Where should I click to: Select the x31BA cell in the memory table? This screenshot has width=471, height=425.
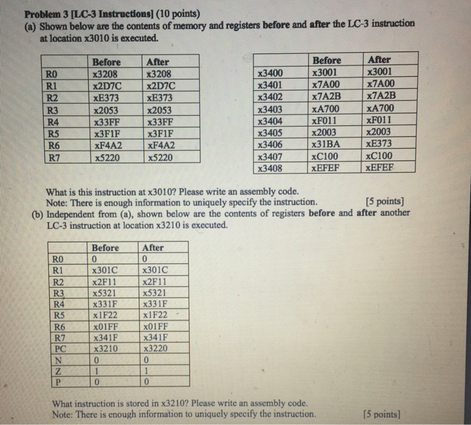coord(326,145)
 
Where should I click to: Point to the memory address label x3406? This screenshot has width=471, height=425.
coord(270,145)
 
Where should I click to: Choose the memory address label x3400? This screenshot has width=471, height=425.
coord(270,73)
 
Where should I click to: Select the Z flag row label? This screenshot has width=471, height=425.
coord(59,373)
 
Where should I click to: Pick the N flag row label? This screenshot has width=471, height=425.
coord(59,362)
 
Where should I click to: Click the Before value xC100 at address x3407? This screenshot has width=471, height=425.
coord(326,156)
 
